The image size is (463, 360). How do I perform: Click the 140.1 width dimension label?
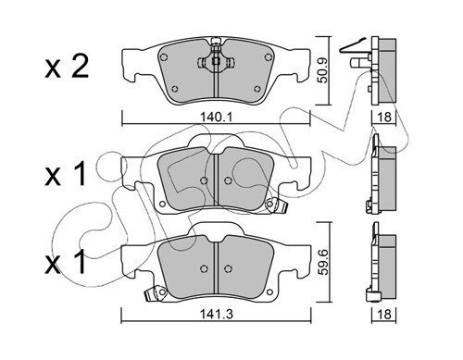216,118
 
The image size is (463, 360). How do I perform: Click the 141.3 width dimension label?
216,315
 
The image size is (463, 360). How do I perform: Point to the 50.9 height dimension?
323,70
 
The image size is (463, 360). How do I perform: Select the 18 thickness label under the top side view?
384,118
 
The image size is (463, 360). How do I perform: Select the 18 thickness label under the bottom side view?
384,315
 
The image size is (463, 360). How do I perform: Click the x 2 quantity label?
67,67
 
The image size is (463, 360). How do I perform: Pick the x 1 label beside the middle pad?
65,174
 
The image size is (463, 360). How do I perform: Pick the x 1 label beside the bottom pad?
65,262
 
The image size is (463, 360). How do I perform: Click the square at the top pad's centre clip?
216,61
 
